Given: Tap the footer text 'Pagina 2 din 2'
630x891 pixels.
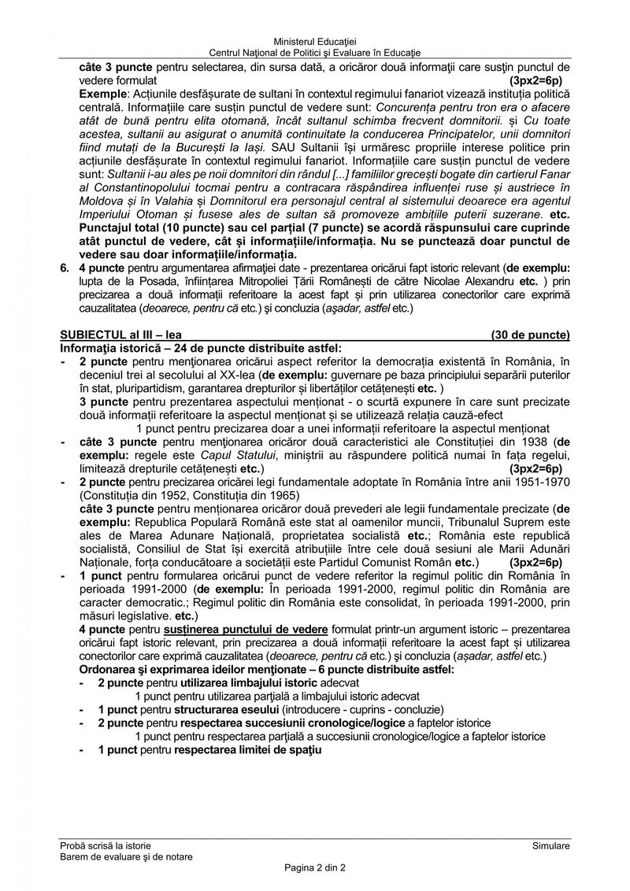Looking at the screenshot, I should tap(315, 867).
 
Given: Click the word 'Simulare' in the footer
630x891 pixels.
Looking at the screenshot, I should tap(550, 845).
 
